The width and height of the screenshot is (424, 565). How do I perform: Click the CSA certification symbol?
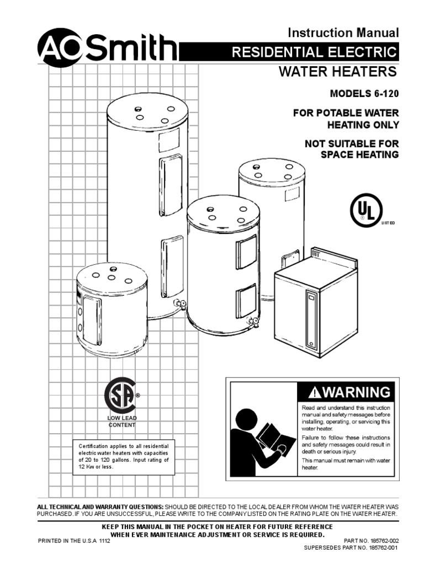[121, 395]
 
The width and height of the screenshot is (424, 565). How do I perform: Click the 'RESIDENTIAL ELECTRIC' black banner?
[315, 52]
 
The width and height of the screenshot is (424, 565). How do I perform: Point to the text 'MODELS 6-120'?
[364, 94]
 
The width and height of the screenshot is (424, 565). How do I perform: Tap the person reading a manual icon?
[261, 438]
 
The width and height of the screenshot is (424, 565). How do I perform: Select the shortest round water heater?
[112, 310]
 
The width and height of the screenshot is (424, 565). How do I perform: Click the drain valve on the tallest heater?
[178, 303]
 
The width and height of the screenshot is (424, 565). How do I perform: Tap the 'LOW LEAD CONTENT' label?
[121, 422]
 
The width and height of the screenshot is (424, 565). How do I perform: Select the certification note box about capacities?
[124, 456]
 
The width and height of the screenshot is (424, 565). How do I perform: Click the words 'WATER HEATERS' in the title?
[338, 72]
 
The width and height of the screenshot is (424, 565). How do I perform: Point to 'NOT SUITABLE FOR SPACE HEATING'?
[352, 149]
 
